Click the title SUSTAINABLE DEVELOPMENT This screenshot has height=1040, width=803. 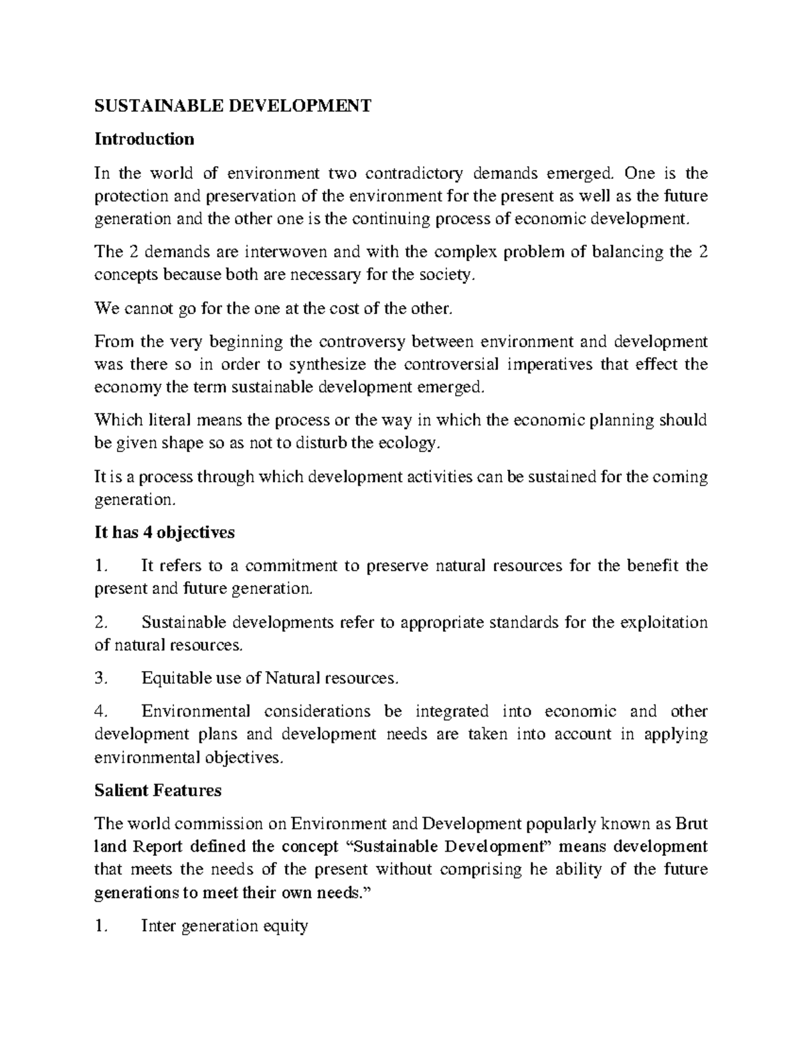pyautogui.click(x=232, y=105)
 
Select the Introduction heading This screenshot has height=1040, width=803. pyautogui.click(x=145, y=139)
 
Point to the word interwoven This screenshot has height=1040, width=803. pyautogui.click(x=286, y=252)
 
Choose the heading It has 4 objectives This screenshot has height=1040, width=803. pyautogui.click(x=165, y=532)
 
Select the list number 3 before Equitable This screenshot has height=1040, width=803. pyautogui.click(x=100, y=678)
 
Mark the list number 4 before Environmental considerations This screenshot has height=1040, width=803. pyautogui.click(x=100, y=711)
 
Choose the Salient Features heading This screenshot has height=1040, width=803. pyautogui.click(x=158, y=790)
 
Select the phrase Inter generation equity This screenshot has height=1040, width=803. pyautogui.click(x=224, y=926)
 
